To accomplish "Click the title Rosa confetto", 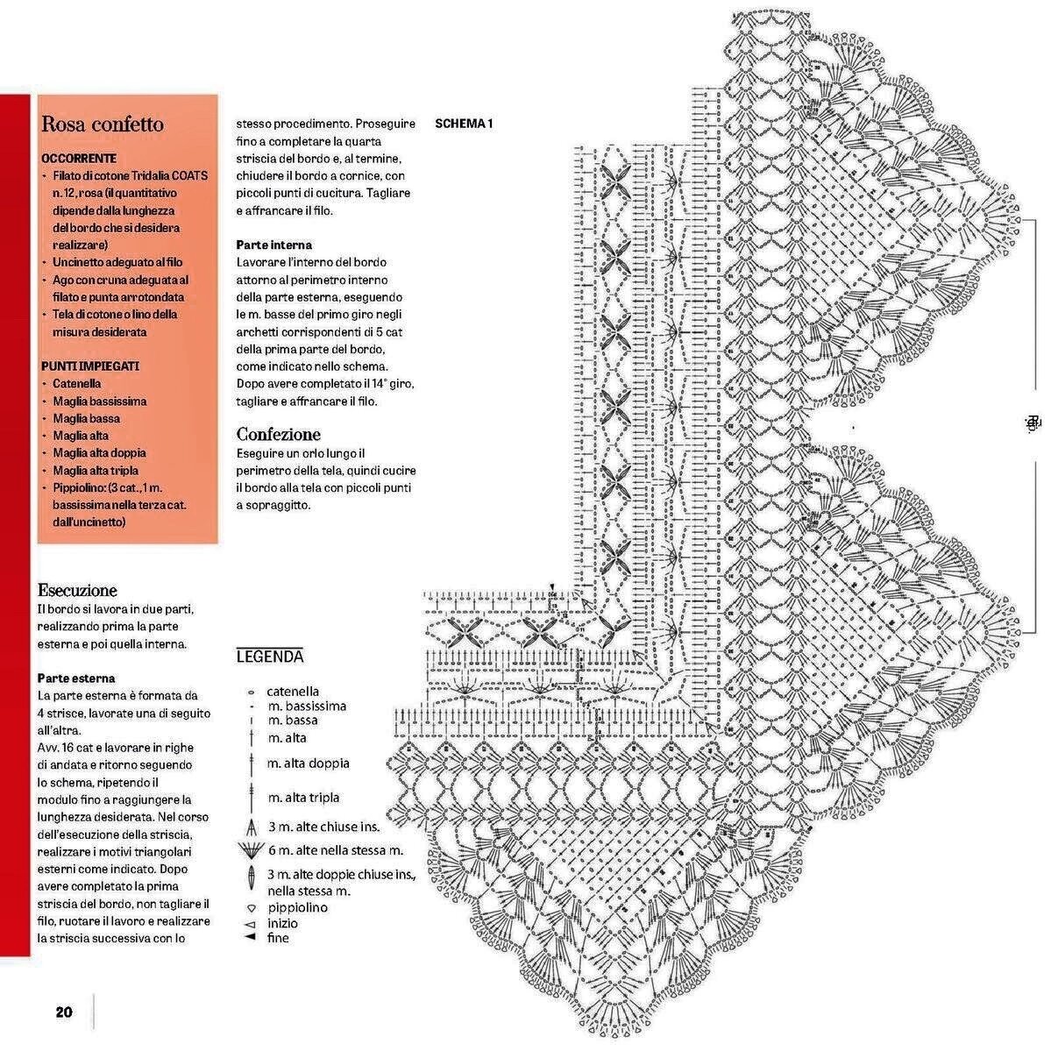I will [103, 124].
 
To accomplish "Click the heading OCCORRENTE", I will [79, 159].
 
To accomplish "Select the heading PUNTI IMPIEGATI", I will [90, 366].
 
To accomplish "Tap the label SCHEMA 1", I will [464, 124].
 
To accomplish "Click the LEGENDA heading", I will [270, 657].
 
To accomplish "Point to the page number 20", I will [64, 1012].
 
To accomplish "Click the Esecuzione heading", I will [77, 590].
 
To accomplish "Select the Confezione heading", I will [279, 434].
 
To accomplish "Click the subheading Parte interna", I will [274, 245].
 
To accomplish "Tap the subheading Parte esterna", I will [76, 678].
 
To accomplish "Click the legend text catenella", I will [293, 692].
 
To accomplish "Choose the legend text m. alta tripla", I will [303, 798].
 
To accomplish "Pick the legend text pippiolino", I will [297, 907].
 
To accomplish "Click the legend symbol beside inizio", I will [250, 924].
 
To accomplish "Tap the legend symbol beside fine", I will [250, 938].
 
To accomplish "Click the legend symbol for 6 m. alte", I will [251, 849].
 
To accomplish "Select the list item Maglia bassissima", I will [99, 401].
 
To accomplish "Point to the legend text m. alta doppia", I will [309, 763].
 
